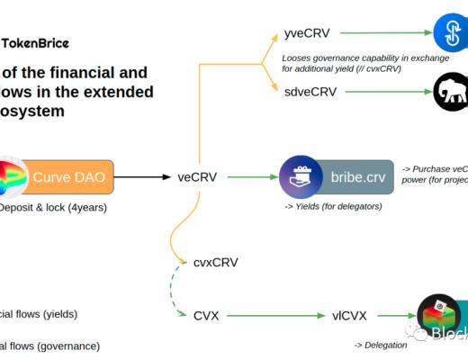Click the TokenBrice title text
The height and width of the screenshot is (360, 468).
pyautogui.click(x=35, y=42)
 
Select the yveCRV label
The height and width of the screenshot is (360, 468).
pyautogui.click(x=308, y=33)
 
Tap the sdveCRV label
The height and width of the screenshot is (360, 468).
pyautogui.click(x=310, y=92)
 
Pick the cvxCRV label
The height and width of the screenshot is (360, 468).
pyautogui.click(x=216, y=263)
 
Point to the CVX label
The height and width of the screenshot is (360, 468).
pyautogui.click(x=206, y=316)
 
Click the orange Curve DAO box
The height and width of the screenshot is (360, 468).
pyautogui.click(x=68, y=177)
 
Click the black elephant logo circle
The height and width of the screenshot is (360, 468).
pyautogui.click(x=450, y=92)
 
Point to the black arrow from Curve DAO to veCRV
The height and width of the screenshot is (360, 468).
pyautogui.click(x=142, y=177)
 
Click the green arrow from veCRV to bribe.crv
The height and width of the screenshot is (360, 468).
pyautogui.click(x=251, y=177)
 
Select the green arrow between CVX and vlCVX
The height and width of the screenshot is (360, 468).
pyautogui.click(x=278, y=316)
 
